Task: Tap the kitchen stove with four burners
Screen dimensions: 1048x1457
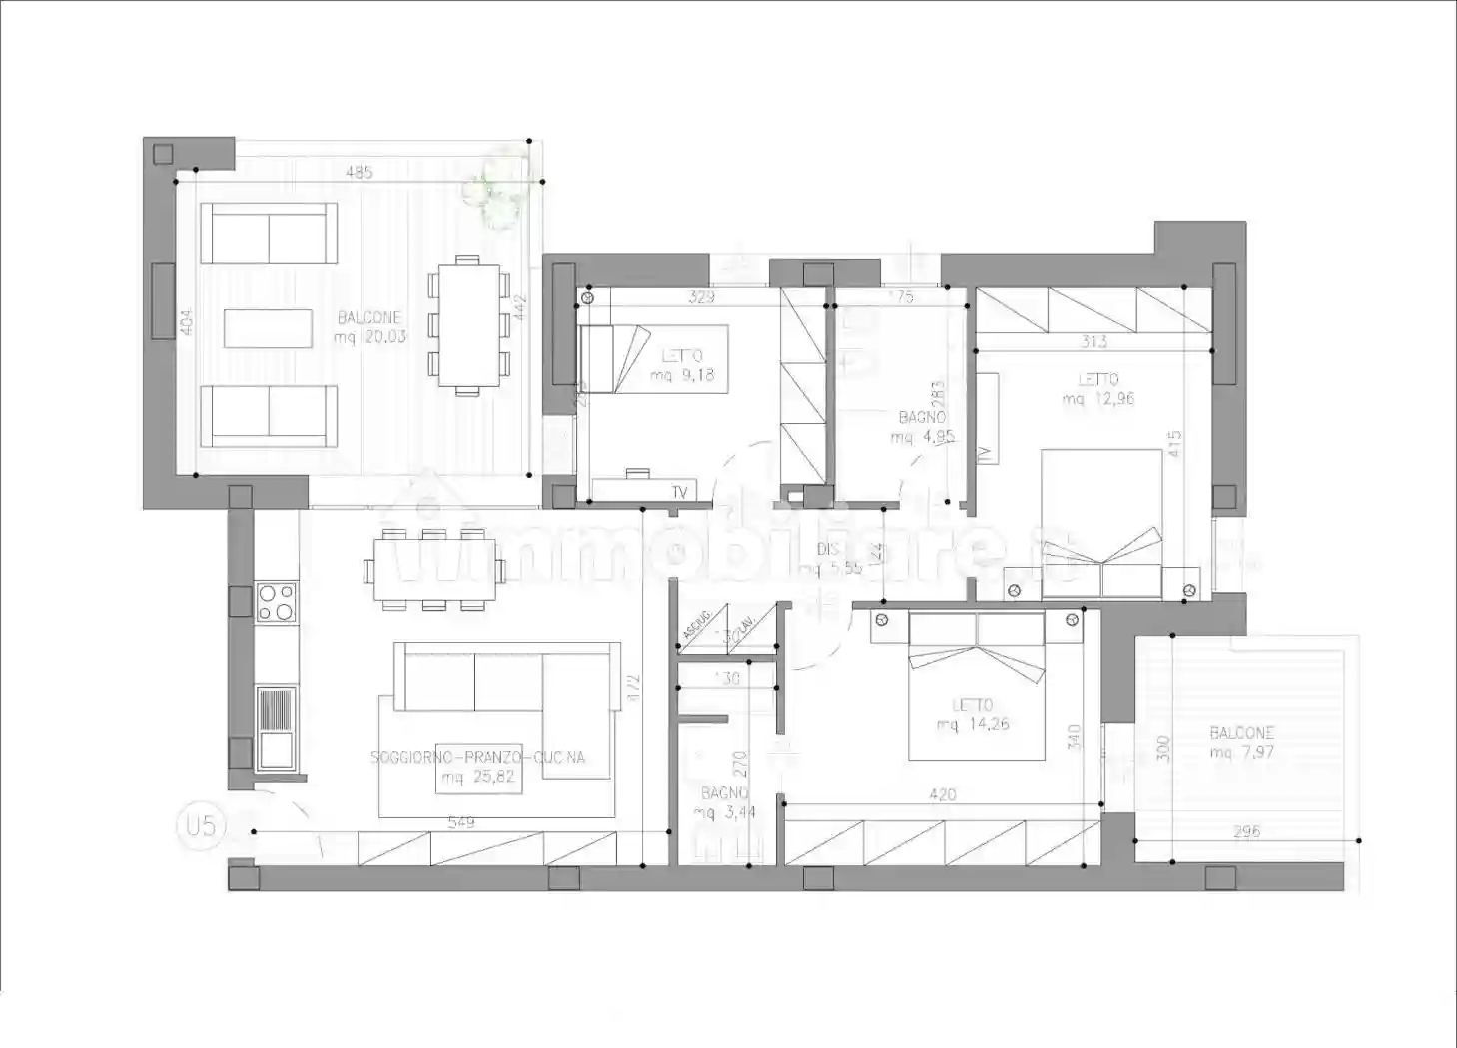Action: [277, 602]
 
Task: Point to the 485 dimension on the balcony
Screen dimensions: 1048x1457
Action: [359, 173]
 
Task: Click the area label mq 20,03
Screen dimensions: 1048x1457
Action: [370, 337]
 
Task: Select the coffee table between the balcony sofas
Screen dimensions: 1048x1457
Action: [268, 328]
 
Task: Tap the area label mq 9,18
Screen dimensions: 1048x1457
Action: [682, 376]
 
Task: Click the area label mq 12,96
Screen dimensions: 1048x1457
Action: [1097, 399]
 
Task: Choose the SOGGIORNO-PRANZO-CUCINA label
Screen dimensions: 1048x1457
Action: [477, 757]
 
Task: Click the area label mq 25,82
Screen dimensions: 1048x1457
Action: [477, 777]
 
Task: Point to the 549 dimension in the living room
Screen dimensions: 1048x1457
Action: [461, 823]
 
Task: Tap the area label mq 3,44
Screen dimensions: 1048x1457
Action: [724, 812]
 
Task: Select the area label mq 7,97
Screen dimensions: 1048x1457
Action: [1241, 752]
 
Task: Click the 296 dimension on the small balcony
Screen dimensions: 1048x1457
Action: [1247, 831]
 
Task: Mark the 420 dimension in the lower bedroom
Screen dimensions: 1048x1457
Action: [942, 795]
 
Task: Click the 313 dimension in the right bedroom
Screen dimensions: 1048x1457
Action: [1093, 342]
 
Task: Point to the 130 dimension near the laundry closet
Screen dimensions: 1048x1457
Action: [728, 679]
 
